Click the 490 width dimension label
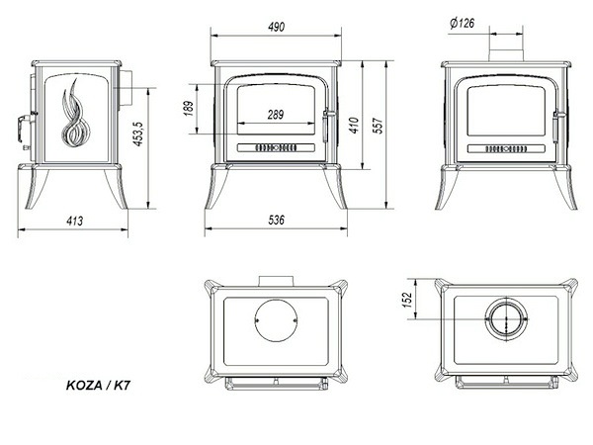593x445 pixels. click(276, 27)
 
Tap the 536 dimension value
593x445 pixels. click(276, 220)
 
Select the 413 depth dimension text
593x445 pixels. click(74, 221)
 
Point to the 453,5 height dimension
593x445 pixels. click(137, 133)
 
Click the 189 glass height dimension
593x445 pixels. click(189, 108)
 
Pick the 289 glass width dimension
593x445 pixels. click(276, 115)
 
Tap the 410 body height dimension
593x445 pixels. click(354, 126)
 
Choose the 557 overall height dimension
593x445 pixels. click(379, 126)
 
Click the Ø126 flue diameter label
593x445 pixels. click(463, 23)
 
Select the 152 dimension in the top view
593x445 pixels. click(407, 300)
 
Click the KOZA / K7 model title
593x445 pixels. click(98, 386)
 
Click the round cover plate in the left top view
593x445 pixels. click(276, 320)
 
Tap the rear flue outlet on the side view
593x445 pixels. click(126, 88)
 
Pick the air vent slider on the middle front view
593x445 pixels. click(276, 147)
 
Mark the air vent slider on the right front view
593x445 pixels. click(506, 148)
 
